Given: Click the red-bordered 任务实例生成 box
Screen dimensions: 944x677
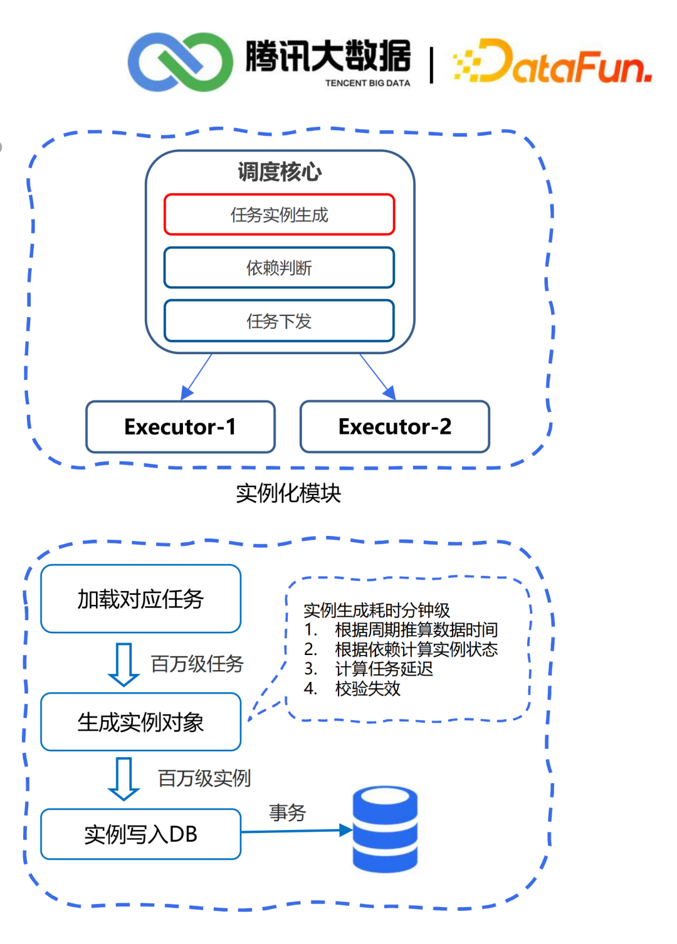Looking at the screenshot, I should [279, 215].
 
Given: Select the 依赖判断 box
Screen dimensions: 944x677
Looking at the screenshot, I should [279, 268].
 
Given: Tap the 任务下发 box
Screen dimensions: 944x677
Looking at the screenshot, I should [279, 321].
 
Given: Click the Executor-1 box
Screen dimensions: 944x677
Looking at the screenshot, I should [181, 427].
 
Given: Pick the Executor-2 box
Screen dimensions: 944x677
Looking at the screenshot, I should [395, 427].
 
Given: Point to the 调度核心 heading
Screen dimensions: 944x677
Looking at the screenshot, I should [280, 171].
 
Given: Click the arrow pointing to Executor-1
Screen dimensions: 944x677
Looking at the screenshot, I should [196, 376].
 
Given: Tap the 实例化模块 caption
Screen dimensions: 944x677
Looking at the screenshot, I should [288, 493].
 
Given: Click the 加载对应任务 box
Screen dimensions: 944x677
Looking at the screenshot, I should [140, 599].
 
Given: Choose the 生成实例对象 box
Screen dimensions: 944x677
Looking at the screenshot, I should [140, 722].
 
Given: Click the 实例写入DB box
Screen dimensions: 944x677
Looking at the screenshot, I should [140, 834].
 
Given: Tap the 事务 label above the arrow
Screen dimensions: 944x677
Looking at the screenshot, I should [287, 812].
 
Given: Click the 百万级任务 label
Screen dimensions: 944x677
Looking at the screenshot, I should [197, 664].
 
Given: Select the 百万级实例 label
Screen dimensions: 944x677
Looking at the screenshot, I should [204, 779].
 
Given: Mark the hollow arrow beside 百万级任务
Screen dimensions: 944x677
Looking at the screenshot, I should [123, 664].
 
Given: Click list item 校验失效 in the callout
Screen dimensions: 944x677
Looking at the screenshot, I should [367, 689].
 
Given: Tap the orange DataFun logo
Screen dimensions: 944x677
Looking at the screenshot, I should [552, 63].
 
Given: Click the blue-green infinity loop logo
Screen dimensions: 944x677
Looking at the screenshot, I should [180, 62].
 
